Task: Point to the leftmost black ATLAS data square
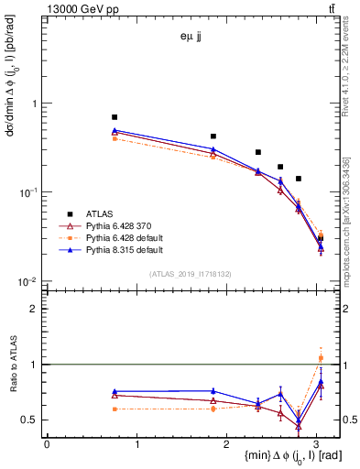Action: pos(115,117)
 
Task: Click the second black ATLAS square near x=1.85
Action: pos(213,136)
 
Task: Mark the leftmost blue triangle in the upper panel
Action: pos(115,131)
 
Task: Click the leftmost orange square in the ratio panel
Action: pos(115,409)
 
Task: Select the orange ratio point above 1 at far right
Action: pos(321,358)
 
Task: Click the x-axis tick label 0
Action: pos(47,444)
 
